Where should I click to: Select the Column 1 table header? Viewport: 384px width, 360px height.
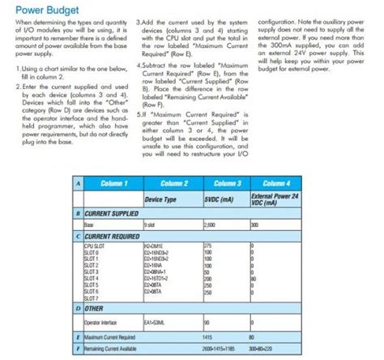coord(111,186)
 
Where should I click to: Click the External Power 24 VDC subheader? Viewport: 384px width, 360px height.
coord(275,199)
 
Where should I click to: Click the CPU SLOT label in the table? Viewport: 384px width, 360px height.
coord(93,245)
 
